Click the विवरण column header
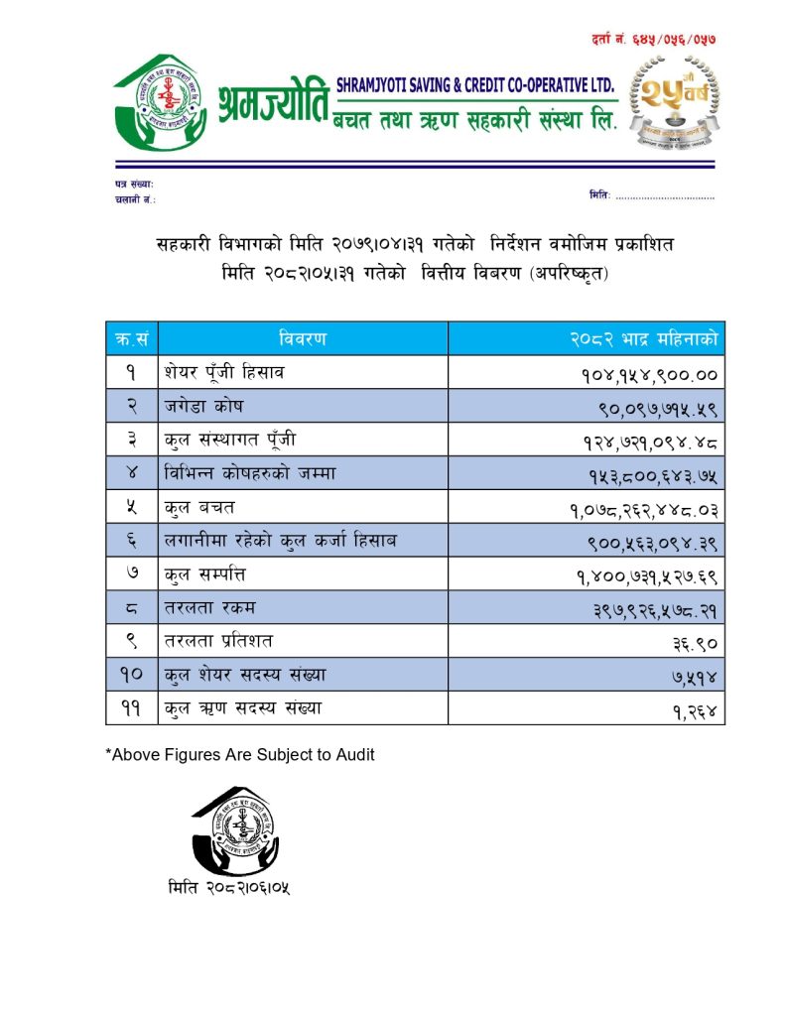coord(302,339)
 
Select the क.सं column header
coord(131,339)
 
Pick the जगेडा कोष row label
coord(203,407)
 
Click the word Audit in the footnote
coord(354,755)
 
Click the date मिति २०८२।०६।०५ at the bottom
coord(229,887)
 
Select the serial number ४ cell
coord(131,473)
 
